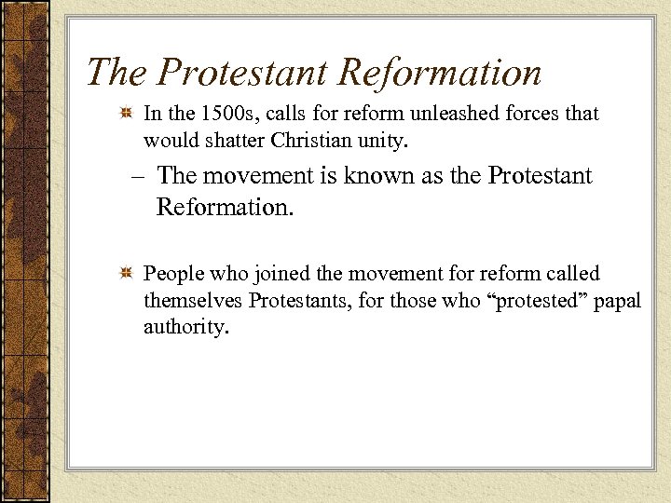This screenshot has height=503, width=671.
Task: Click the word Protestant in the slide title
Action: click(x=242, y=73)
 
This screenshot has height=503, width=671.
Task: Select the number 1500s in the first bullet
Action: click(x=223, y=114)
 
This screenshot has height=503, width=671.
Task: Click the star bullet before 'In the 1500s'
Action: click(x=126, y=114)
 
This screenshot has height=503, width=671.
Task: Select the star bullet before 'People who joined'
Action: click(x=126, y=274)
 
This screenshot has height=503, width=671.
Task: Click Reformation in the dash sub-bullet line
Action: click(x=225, y=206)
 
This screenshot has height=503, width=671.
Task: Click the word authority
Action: click(x=185, y=328)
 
